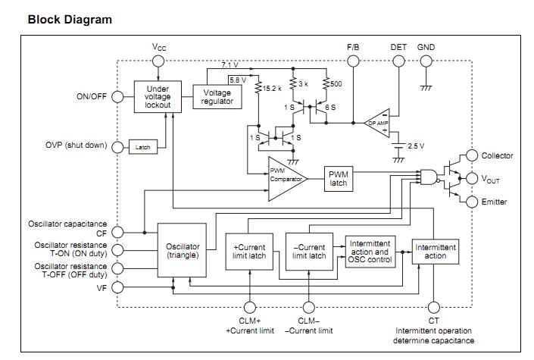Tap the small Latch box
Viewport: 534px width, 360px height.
coord(143,147)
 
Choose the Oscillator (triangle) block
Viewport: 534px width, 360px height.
coord(182,251)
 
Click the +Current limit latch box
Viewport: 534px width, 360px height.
coord(249,252)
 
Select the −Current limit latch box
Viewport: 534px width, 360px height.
coord(309,252)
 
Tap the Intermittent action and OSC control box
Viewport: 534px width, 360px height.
coord(370,252)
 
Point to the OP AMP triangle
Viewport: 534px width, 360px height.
coord(380,122)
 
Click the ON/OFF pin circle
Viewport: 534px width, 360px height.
coord(117,97)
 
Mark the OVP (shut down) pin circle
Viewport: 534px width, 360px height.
coord(117,147)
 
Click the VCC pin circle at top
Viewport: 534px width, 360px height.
coord(158,59)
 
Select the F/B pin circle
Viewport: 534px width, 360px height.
coord(354,59)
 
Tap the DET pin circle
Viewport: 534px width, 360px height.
coord(398,59)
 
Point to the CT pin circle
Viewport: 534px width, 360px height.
coord(433,308)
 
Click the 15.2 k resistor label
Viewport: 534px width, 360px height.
coord(273,88)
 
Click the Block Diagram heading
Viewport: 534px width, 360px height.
coord(70,20)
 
